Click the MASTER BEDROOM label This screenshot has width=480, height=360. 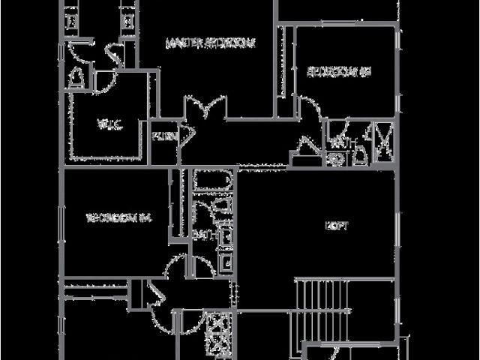(x=210, y=43)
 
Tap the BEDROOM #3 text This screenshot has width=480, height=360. (x=340, y=72)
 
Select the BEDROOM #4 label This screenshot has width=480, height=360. (x=120, y=219)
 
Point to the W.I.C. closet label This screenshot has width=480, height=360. (x=103, y=124)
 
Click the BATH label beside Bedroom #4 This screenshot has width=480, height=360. (x=202, y=235)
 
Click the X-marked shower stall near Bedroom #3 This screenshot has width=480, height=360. (x=387, y=144)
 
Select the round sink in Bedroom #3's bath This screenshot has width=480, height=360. (x=337, y=158)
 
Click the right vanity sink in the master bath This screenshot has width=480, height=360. (x=127, y=18)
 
